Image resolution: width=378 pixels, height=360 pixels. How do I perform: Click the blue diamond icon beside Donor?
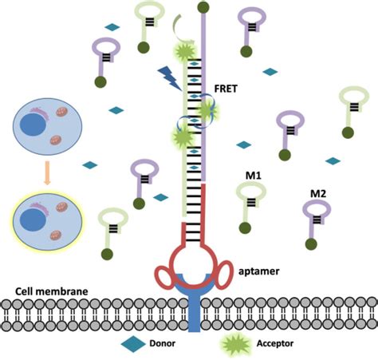pyautogui.click(x=132, y=344)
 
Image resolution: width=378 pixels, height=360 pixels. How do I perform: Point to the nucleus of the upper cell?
pyautogui.click(x=33, y=129)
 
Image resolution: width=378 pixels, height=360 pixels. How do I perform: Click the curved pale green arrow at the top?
pyautogui.click(x=181, y=30)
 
